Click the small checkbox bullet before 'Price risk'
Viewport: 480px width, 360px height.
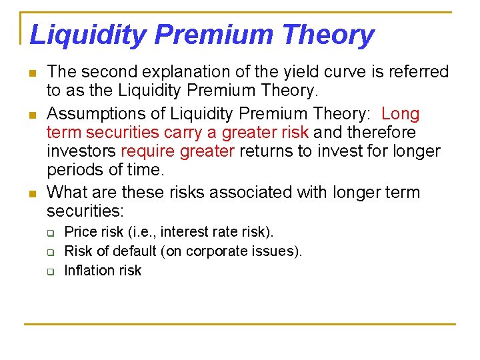[x=49, y=233]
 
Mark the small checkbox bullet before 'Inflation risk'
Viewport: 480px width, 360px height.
[x=49, y=271]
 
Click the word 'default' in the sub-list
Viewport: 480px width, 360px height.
[x=131, y=251]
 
